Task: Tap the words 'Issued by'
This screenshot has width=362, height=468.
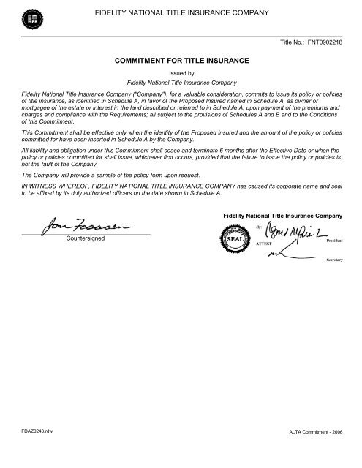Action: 181,75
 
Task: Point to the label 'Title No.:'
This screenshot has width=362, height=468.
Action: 293,43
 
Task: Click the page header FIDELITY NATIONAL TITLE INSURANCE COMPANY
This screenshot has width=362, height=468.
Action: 181,12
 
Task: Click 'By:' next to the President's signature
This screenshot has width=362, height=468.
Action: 263,227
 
